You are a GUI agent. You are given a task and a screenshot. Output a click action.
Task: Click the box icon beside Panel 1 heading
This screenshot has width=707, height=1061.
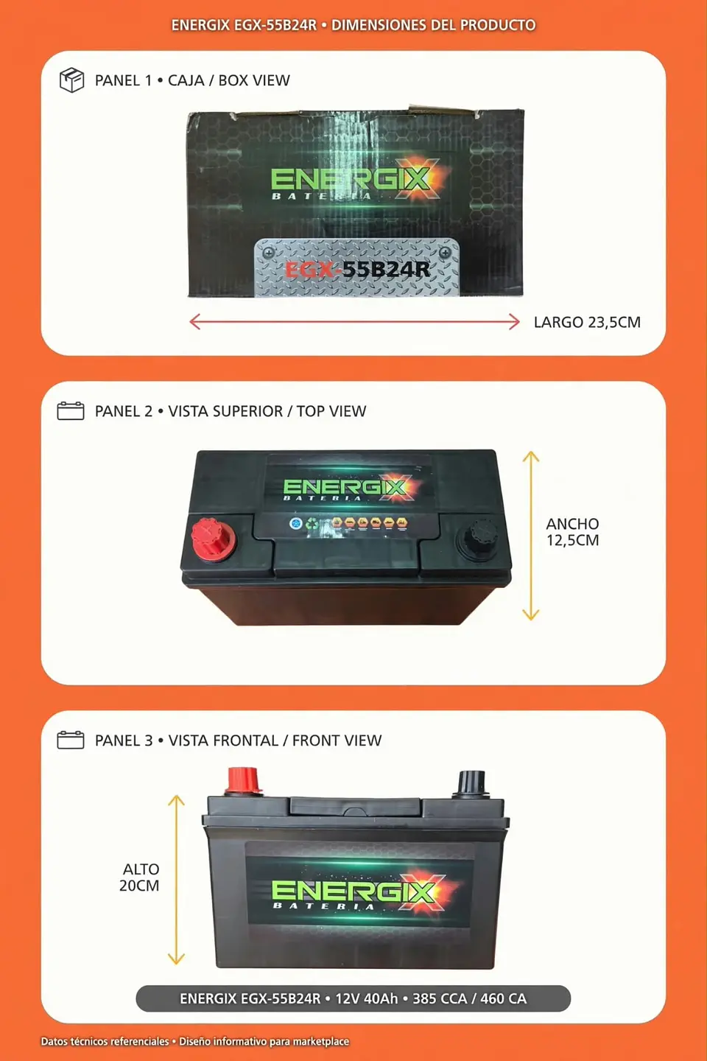pos(71,80)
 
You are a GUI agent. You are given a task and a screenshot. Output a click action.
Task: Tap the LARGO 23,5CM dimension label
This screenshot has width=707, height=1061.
pos(587,322)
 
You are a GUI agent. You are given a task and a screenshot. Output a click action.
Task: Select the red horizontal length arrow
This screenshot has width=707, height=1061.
pos(354,322)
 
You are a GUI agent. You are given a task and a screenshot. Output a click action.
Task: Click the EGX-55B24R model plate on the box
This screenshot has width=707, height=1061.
pos(356,268)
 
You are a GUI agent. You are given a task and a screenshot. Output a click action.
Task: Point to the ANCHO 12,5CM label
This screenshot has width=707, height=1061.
pos(572,532)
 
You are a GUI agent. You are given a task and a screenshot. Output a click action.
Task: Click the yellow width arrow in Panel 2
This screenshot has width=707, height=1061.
pos(531,536)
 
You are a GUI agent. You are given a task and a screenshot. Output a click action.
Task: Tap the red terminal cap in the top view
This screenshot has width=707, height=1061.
pos(213,539)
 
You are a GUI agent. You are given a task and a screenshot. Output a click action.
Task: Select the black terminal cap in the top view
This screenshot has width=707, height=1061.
pos(477,539)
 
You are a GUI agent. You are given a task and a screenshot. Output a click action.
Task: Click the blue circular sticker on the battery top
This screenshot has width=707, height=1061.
pos(296,523)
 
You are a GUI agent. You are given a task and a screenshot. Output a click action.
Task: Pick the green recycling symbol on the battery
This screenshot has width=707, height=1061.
pos(312,524)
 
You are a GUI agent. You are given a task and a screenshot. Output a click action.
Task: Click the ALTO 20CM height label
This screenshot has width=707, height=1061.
pos(139,878)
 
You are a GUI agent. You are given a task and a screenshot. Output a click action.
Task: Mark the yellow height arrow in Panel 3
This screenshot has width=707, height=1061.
pos(176,880)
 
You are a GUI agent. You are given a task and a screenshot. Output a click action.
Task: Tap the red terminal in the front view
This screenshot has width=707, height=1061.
pos(243,781)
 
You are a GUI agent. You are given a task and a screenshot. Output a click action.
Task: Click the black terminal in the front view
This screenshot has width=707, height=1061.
pos(470,783)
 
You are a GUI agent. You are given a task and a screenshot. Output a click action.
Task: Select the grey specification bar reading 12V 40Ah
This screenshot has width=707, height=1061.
pos(353,998)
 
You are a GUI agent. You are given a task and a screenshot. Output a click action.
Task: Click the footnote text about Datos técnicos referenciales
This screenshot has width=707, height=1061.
pos(195,1041)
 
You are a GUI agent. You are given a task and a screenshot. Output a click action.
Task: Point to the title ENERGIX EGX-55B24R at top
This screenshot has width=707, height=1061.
pos(244,25)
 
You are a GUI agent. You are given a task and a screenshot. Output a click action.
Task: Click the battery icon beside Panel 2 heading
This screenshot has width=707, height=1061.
pos(71,410)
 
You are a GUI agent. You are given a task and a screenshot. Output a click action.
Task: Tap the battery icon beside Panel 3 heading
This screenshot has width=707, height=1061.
pos(71,740)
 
